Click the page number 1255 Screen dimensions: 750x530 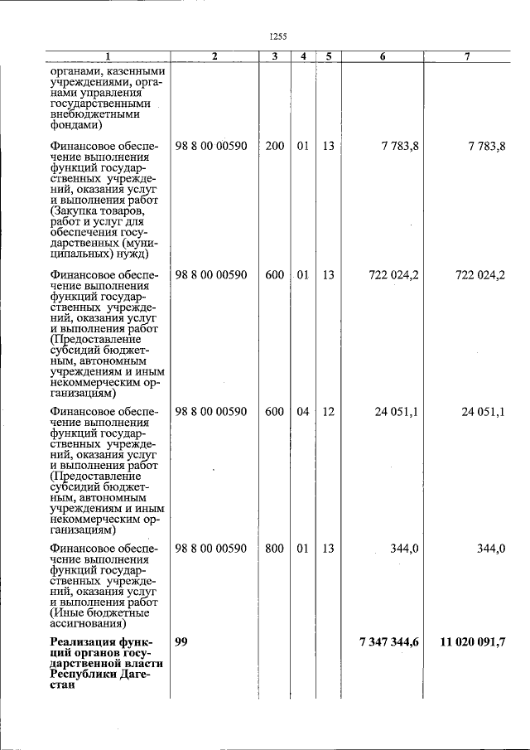coord(277,36)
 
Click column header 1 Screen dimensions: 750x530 coord(107,56)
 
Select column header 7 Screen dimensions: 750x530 coord(467,56)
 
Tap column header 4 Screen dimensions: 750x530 coord(304,56)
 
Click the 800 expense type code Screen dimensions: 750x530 coord(275,549)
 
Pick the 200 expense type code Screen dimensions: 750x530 coord(275,146)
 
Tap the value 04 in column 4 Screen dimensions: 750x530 coord(303,412)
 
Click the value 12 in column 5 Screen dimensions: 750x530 coord(328,412)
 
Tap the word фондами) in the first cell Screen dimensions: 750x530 coord(75,125)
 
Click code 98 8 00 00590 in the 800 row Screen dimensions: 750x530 coord(211,549)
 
